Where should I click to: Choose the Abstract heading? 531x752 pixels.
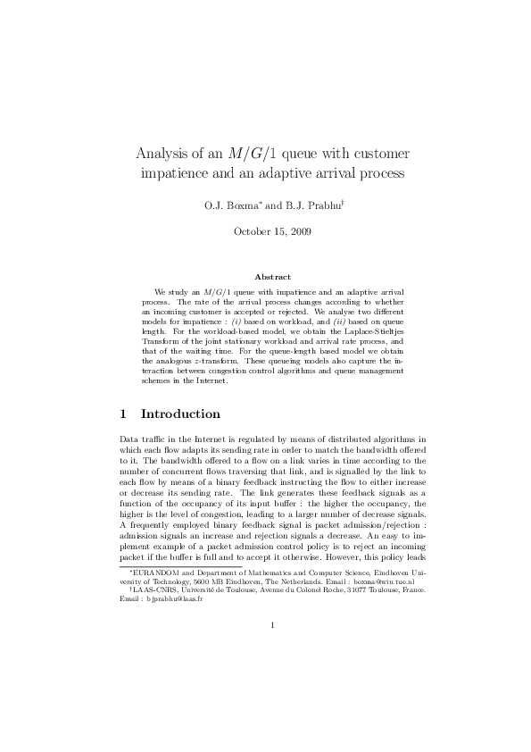265,277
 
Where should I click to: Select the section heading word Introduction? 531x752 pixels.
180,414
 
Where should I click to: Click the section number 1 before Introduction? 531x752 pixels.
123,414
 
